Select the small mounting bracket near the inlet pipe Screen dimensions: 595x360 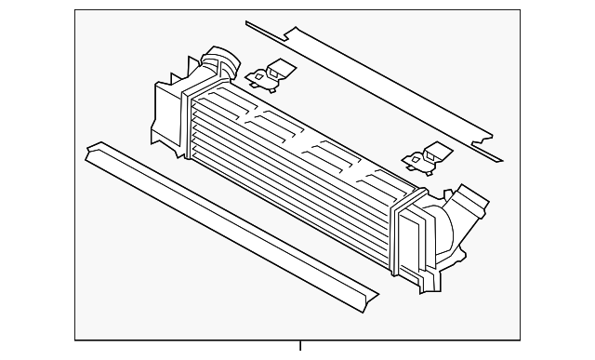pyautogui.click(x=273, y=76)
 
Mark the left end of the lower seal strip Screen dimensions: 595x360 pyautogui.click(x=94, y=152)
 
